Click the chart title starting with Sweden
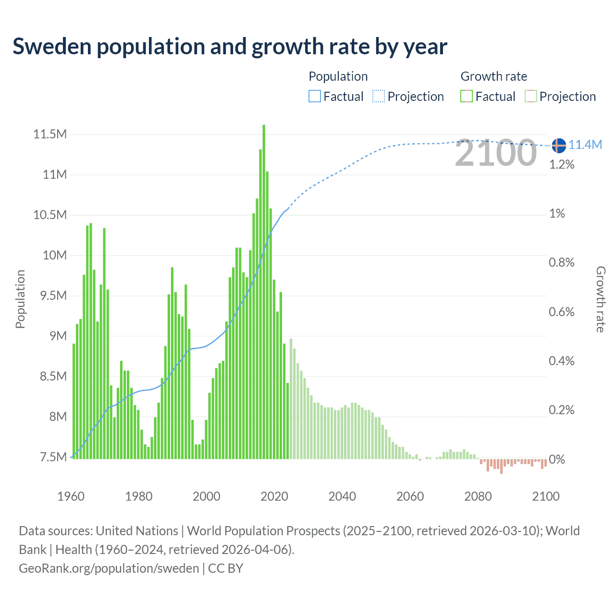230,47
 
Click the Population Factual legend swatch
314,97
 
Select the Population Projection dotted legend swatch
379,97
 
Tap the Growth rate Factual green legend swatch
466,97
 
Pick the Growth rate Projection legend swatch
530,97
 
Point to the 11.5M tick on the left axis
50,134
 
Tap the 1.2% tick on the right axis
562,165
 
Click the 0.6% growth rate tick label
562,312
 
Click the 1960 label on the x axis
71,496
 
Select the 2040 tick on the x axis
342,496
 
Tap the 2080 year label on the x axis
478,496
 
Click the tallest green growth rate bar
264,288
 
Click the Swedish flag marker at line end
559,145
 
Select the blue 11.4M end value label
585,145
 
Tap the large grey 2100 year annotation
495,153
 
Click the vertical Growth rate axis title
601,299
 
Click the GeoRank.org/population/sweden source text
109,568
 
